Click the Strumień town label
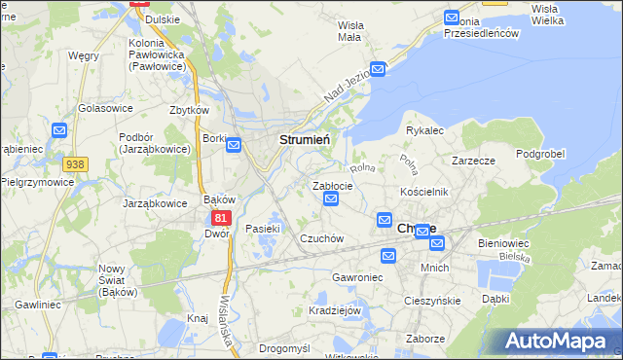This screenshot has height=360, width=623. coord(305,140)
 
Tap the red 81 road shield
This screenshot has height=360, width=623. coord(223,219)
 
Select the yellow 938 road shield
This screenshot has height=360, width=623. coord(74,166)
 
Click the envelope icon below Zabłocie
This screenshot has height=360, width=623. coord(330,199)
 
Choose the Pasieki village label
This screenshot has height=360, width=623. coord(263,229)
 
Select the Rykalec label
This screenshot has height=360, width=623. coord(424,129)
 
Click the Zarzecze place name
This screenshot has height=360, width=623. coord(475,161)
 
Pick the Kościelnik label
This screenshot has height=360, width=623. coord(423,192)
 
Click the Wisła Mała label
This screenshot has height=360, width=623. coord(348,31)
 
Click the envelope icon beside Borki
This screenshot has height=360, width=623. coord(234,145)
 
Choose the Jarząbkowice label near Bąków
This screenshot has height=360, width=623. coord(155,204)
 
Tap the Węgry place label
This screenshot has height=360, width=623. coord(84,55)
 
